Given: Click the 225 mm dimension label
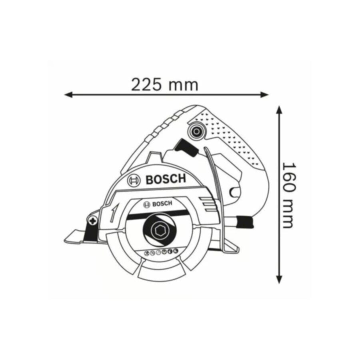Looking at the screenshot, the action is [164, 85].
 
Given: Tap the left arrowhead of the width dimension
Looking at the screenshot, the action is [68, 94].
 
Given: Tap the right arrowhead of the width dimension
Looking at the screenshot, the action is [264, 94].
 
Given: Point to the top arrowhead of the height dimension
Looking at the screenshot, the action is [279, 110].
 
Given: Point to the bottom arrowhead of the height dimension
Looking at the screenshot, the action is [279, 279].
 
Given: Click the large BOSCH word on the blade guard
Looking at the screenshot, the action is [166, 179].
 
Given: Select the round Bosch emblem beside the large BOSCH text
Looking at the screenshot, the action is [134, 180].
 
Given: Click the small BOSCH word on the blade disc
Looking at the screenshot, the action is [162, 204].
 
